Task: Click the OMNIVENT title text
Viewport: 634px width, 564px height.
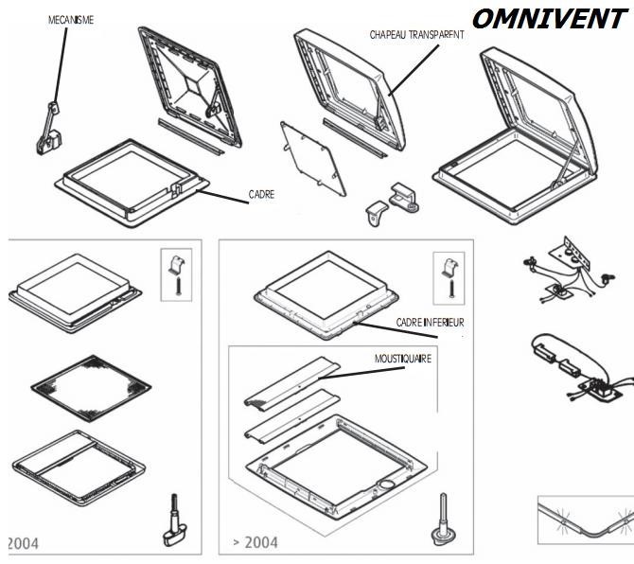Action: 548,18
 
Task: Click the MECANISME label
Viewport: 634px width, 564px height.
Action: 71,19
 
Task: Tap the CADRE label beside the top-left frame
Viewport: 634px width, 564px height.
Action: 262,195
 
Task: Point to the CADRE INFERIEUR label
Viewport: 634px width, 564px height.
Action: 431,322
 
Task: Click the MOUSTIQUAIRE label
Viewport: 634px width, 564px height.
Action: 403,359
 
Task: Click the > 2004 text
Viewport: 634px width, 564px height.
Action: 255,542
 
